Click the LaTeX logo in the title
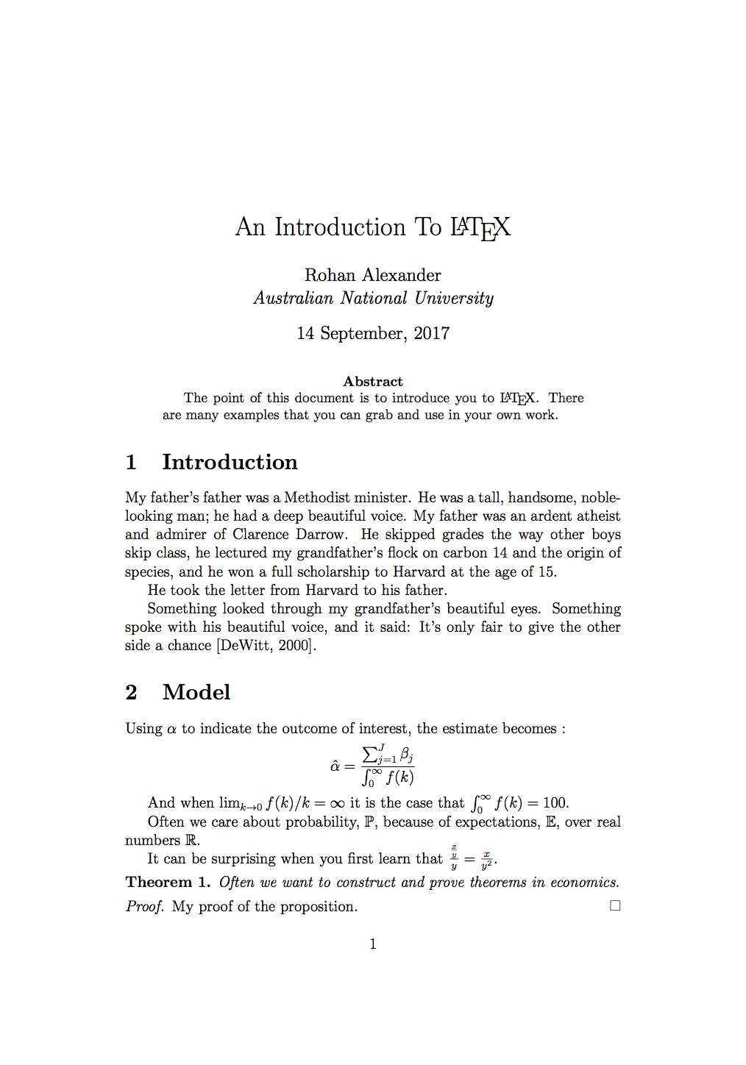480,228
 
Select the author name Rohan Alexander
373,275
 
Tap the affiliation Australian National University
373,298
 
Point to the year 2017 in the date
431,333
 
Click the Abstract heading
373,382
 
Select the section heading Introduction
230,462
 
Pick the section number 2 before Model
132,692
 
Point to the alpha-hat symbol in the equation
335,766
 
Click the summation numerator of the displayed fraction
388,755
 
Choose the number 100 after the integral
555,803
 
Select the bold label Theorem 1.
168,883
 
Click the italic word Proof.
144,907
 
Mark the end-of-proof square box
615,906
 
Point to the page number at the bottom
373,944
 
